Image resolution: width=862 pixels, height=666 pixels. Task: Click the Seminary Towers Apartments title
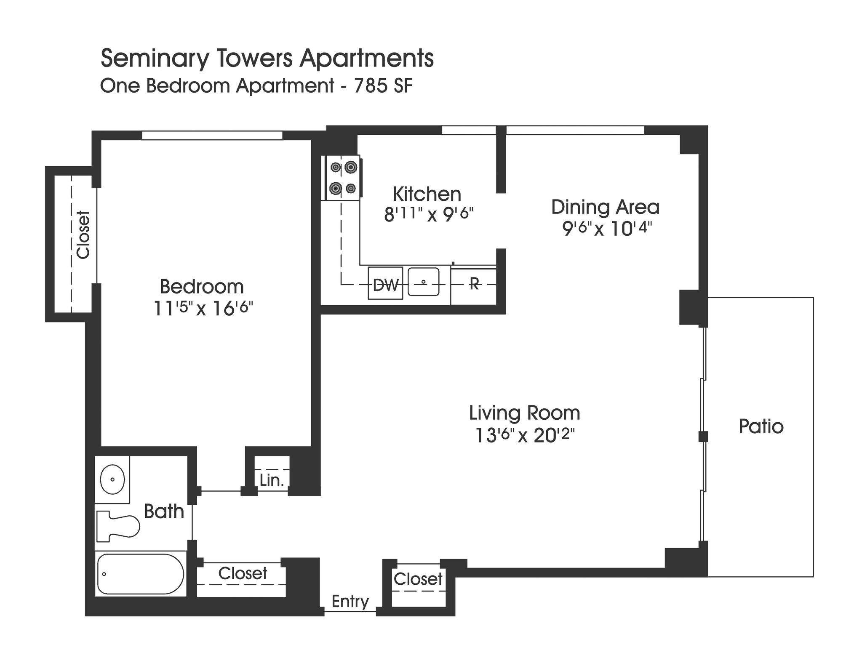[267, 58]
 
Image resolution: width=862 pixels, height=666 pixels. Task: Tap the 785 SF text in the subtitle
[383, 86]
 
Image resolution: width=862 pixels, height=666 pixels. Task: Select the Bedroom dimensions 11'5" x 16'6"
[203, 309]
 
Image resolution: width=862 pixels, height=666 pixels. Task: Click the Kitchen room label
[427, 194]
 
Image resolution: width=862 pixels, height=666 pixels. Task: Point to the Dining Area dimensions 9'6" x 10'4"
[606, 229]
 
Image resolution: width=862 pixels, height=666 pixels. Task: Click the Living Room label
[524, 413]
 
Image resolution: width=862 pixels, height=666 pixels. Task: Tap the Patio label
[761, 426]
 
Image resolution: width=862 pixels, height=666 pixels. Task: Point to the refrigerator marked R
[473, 285]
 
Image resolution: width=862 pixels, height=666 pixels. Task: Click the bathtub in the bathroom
[140, 574]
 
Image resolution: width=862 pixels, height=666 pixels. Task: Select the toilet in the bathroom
[118, 526]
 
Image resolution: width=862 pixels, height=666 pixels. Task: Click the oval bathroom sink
[112, 479]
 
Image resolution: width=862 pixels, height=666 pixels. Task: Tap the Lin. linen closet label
[272, 480]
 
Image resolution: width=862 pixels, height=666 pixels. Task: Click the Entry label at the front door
[350, 601]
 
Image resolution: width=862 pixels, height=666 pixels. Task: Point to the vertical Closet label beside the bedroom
[83, 235]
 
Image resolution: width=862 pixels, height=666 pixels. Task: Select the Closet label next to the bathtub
[243, 573]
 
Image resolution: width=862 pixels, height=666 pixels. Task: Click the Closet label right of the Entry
[418, 579]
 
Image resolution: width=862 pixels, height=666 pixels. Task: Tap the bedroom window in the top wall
[212, 136]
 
